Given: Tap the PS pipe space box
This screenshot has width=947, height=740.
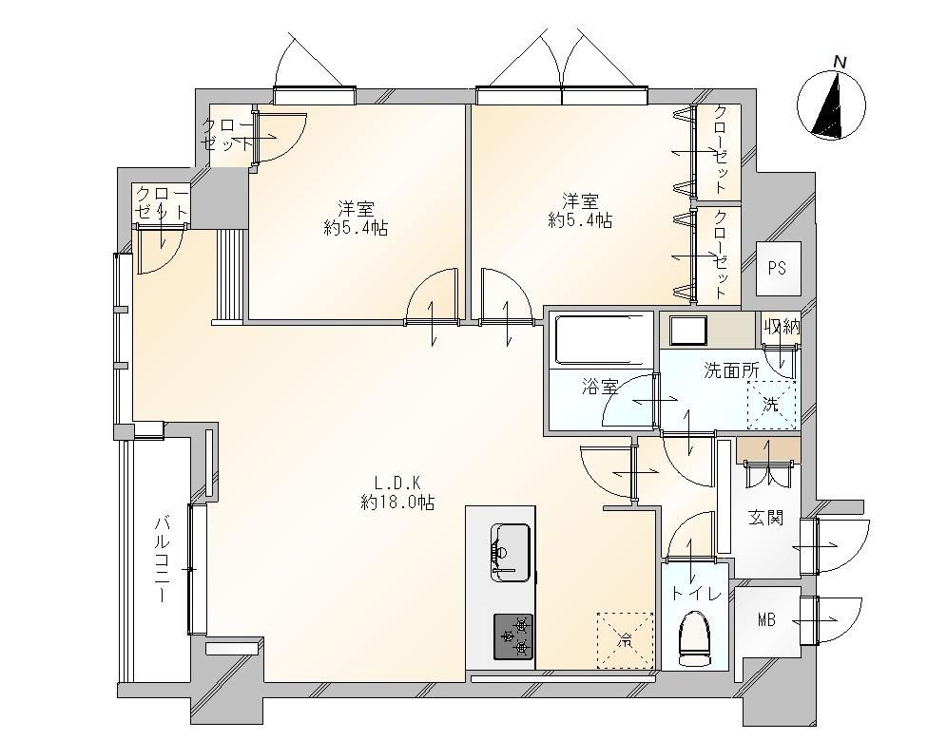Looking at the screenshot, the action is click(779, 269).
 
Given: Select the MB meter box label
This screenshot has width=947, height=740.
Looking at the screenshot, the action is click(766, 619).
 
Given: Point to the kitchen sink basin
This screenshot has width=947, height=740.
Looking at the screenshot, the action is click(512, 552).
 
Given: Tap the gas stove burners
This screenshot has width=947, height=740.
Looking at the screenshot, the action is click(514, 636).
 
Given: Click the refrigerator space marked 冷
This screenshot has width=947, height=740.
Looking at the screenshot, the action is click(625, 640).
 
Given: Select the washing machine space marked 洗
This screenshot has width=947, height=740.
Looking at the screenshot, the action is click(771, 405).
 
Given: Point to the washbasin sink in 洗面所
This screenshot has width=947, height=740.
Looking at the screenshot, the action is click(688, 331).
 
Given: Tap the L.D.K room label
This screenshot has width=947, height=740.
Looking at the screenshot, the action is click(397, 483).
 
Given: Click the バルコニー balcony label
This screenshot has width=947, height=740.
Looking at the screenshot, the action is click(162, 559).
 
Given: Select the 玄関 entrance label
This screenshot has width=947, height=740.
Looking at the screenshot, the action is click(766, 518).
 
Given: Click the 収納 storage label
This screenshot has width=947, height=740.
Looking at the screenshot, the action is click(783, 327).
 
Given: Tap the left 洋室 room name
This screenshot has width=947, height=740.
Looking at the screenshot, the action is click(356, 209).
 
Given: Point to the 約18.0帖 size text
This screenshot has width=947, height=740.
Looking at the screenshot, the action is click(397, 503).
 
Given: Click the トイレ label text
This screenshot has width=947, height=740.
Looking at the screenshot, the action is click(696, 594).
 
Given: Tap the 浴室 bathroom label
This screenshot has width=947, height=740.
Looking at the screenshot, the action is click(600, 387).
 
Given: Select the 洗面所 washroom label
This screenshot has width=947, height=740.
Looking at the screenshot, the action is click(731, 370).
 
